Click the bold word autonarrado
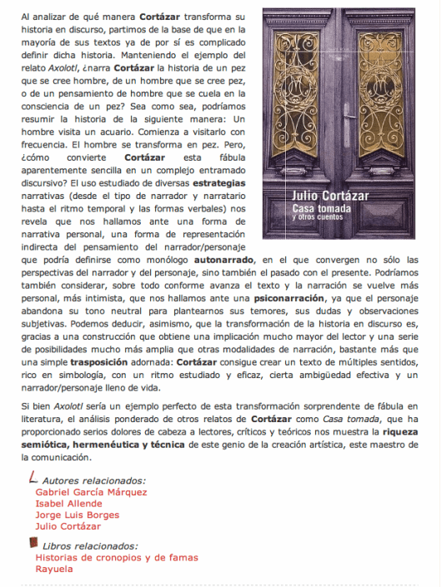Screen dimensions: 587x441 [223, 259]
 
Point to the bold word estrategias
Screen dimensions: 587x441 [219, 181]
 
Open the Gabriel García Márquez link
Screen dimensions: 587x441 [92, 491]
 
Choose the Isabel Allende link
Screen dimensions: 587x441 [68, 503]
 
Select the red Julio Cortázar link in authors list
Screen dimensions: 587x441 [69, 526]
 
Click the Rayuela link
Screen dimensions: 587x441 [54, 569]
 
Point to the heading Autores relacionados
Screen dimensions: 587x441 [93, 480]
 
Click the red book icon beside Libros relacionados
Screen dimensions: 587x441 [33, 544]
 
